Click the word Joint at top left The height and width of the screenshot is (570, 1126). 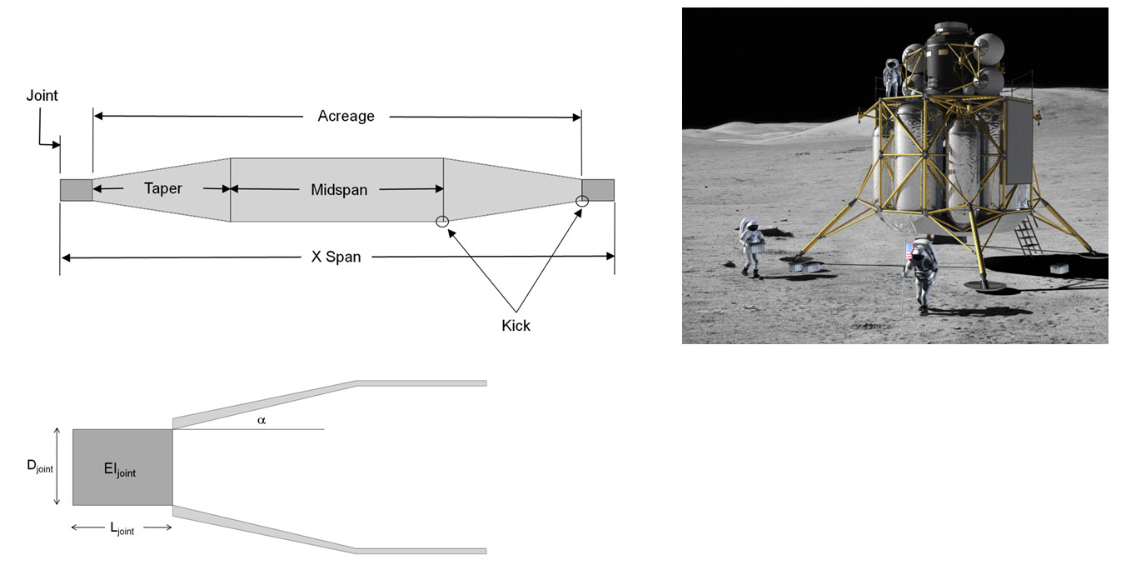pyautogui.click(x=42, y=95)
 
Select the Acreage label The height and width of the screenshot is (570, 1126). pyautogui.click(x=346, y=116)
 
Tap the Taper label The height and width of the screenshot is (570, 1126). pyautogui.click(x=163, y=188)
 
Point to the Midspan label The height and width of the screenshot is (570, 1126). pyautogui.click(x=339, y=190)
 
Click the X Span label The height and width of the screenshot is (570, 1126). pyautogui.click(x=336, y=257)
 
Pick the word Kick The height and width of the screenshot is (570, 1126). pyautogui.click(x=516, y=326)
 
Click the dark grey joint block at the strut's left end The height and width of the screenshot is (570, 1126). pyautogui.click(x=77, y=190)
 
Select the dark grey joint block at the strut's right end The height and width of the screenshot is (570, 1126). pyautogui.click(x=598, y=190)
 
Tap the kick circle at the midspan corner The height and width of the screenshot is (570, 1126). pyautogui.click(x=442, y=221)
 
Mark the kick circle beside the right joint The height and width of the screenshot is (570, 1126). pyautogui.click(x=581, y=201)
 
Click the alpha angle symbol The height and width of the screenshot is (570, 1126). pyautogui.click(x=262, y=420)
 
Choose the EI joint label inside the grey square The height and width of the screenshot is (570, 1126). pyautogui.click(x=120, y=469)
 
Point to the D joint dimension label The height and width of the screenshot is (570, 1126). pyautogui.click(x=40, y=467)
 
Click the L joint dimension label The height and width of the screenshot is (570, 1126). pyautogui.click(x=122, y=528)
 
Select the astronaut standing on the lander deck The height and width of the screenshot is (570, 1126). pyautogui.click(x=891, y=77)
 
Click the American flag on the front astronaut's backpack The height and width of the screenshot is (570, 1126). pyautogui.click(x=908, y=252)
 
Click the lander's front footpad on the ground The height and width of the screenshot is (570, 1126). pyautogui.click(x=984, y=286)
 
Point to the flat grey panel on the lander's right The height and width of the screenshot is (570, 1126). pyautogui.click(x=1019, y=142)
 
